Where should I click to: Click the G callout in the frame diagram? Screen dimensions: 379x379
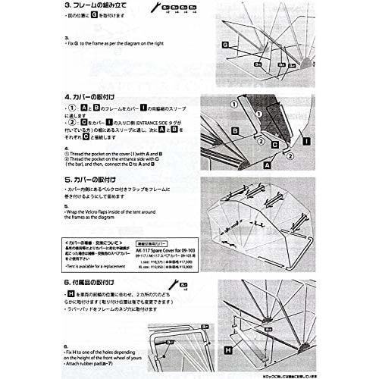(x=225, y=45)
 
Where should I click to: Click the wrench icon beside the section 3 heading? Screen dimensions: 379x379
(x=165, y=7)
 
